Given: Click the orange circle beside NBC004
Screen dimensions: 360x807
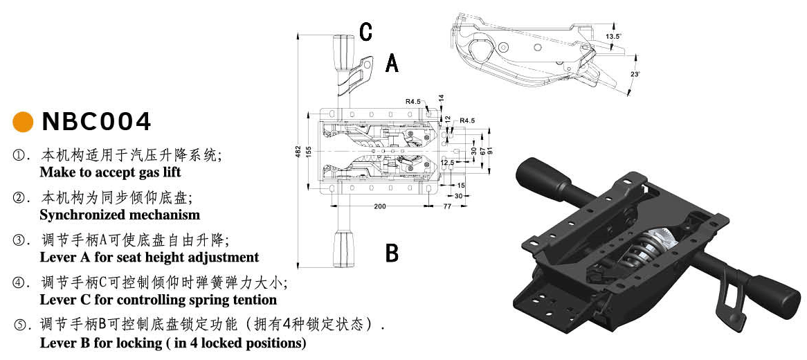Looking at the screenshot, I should (24, 122).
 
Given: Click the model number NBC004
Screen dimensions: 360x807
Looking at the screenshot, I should (96, 122).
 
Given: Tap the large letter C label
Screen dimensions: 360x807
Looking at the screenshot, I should (366, 31).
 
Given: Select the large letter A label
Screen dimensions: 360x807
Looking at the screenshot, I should (392, 64).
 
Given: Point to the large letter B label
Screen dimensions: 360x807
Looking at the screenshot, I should (392, 253).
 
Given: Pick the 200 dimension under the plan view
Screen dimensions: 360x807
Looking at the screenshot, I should (380, 206).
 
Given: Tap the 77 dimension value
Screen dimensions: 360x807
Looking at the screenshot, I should (447, 206).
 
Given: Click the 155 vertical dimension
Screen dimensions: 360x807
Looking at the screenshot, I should (309, 151).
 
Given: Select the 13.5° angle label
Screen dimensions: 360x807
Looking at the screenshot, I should (613, 35).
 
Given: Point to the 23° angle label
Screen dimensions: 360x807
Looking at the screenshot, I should (635, 74).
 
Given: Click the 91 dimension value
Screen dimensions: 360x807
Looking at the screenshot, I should (489, 151).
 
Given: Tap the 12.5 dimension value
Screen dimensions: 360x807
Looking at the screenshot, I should (447, 163).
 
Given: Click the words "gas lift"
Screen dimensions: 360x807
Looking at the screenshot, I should (147, 172).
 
